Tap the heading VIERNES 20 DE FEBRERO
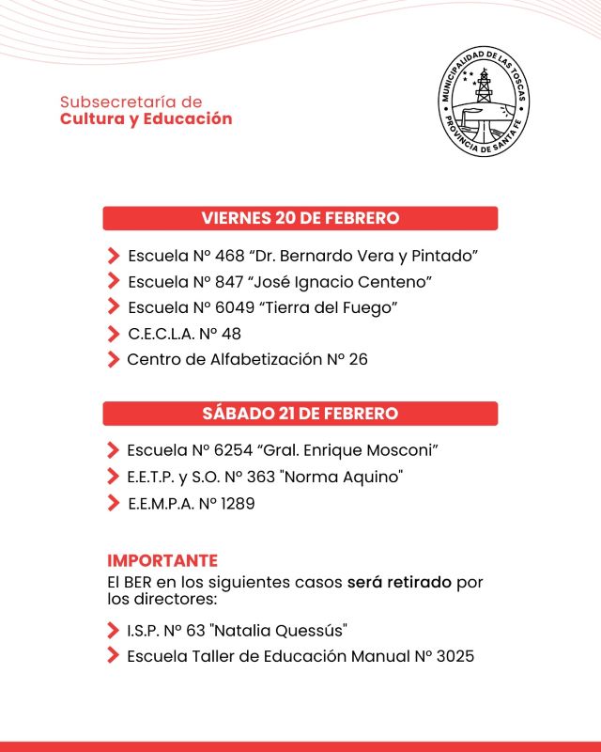coord(300,218)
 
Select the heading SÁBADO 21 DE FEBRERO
coord(300,414)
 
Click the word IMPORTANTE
coord(162,561)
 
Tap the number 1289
coord(238,503)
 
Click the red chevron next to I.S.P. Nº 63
coord(113,630)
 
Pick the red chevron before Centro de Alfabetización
coord(113,359)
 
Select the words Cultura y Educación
coord(146,119)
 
